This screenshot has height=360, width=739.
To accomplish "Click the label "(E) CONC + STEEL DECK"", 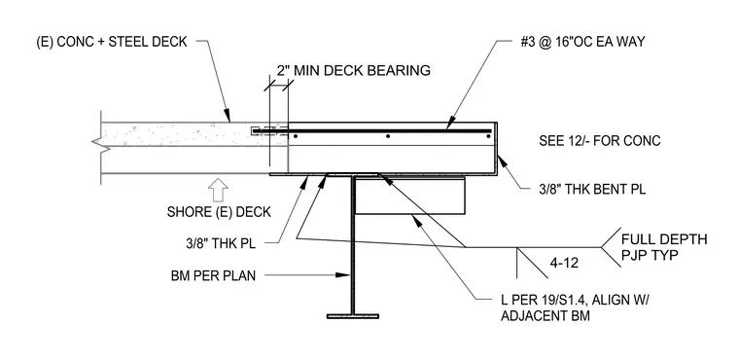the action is pyautogui.click(x=112, y=42).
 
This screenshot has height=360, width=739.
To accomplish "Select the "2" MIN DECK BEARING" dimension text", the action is pyautogui.click(x=353, y=70).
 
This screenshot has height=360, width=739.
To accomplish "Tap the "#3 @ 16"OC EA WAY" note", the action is pyautogui.click(x=582, y=42).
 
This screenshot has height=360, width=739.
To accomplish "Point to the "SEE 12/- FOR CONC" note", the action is pyautogui.click(x=600, y=141).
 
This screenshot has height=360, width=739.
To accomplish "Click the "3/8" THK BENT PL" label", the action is pyautogui.click(x=592, y=190).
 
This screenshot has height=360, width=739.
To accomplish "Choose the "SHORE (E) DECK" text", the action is pyautogui.click(x=219, y=212).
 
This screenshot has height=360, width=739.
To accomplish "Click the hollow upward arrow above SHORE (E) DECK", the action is pyautogui.click(x=218, y=191).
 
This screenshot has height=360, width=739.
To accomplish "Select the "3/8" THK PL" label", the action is pyautogui.click(x=220, y=244).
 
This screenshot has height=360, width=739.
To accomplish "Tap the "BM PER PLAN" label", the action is pyautogui.click(x=214, y=275).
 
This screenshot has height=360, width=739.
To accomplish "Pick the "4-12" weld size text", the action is pyautogui.click(x=564, y=263).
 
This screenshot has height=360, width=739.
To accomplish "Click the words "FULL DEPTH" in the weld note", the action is pyautogui.click(x=664, y=239).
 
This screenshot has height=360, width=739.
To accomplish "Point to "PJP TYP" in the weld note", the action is pyautogui.click(x=650, y=255).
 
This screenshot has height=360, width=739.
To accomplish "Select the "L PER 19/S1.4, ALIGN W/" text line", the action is pyautogui.click(x=575, y=300).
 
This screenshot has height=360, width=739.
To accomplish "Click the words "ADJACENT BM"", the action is pyautogui.click(x=545, y=315).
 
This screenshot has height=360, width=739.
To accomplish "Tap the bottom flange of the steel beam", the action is pyautogui.click(x=353, y=316).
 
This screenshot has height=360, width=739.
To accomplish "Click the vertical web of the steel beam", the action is pyautogui.click(x=353, y=245).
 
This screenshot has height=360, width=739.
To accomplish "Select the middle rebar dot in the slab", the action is pyautogui.click(x=388, y=136).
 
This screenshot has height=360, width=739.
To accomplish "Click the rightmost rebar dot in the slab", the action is pyautogui.click(x=488, y=136).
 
